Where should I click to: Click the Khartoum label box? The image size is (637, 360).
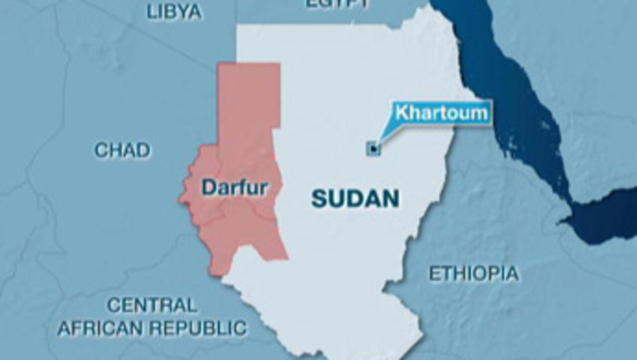(441, 113)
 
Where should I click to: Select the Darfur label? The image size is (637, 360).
(234, 188)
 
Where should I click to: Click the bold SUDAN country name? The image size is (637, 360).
(355, 199)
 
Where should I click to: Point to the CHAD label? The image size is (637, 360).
(122, 150)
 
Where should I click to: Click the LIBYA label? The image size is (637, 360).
(174, 12)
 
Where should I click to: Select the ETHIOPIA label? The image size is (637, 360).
(474, 273)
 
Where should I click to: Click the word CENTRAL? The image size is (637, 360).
(152, 305)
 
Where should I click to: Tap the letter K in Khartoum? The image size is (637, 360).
(401, 113)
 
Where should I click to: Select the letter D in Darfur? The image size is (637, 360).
(209, 188)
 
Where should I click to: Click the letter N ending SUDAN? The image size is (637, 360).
(391, 199)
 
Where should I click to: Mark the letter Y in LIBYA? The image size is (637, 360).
(179, 12)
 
